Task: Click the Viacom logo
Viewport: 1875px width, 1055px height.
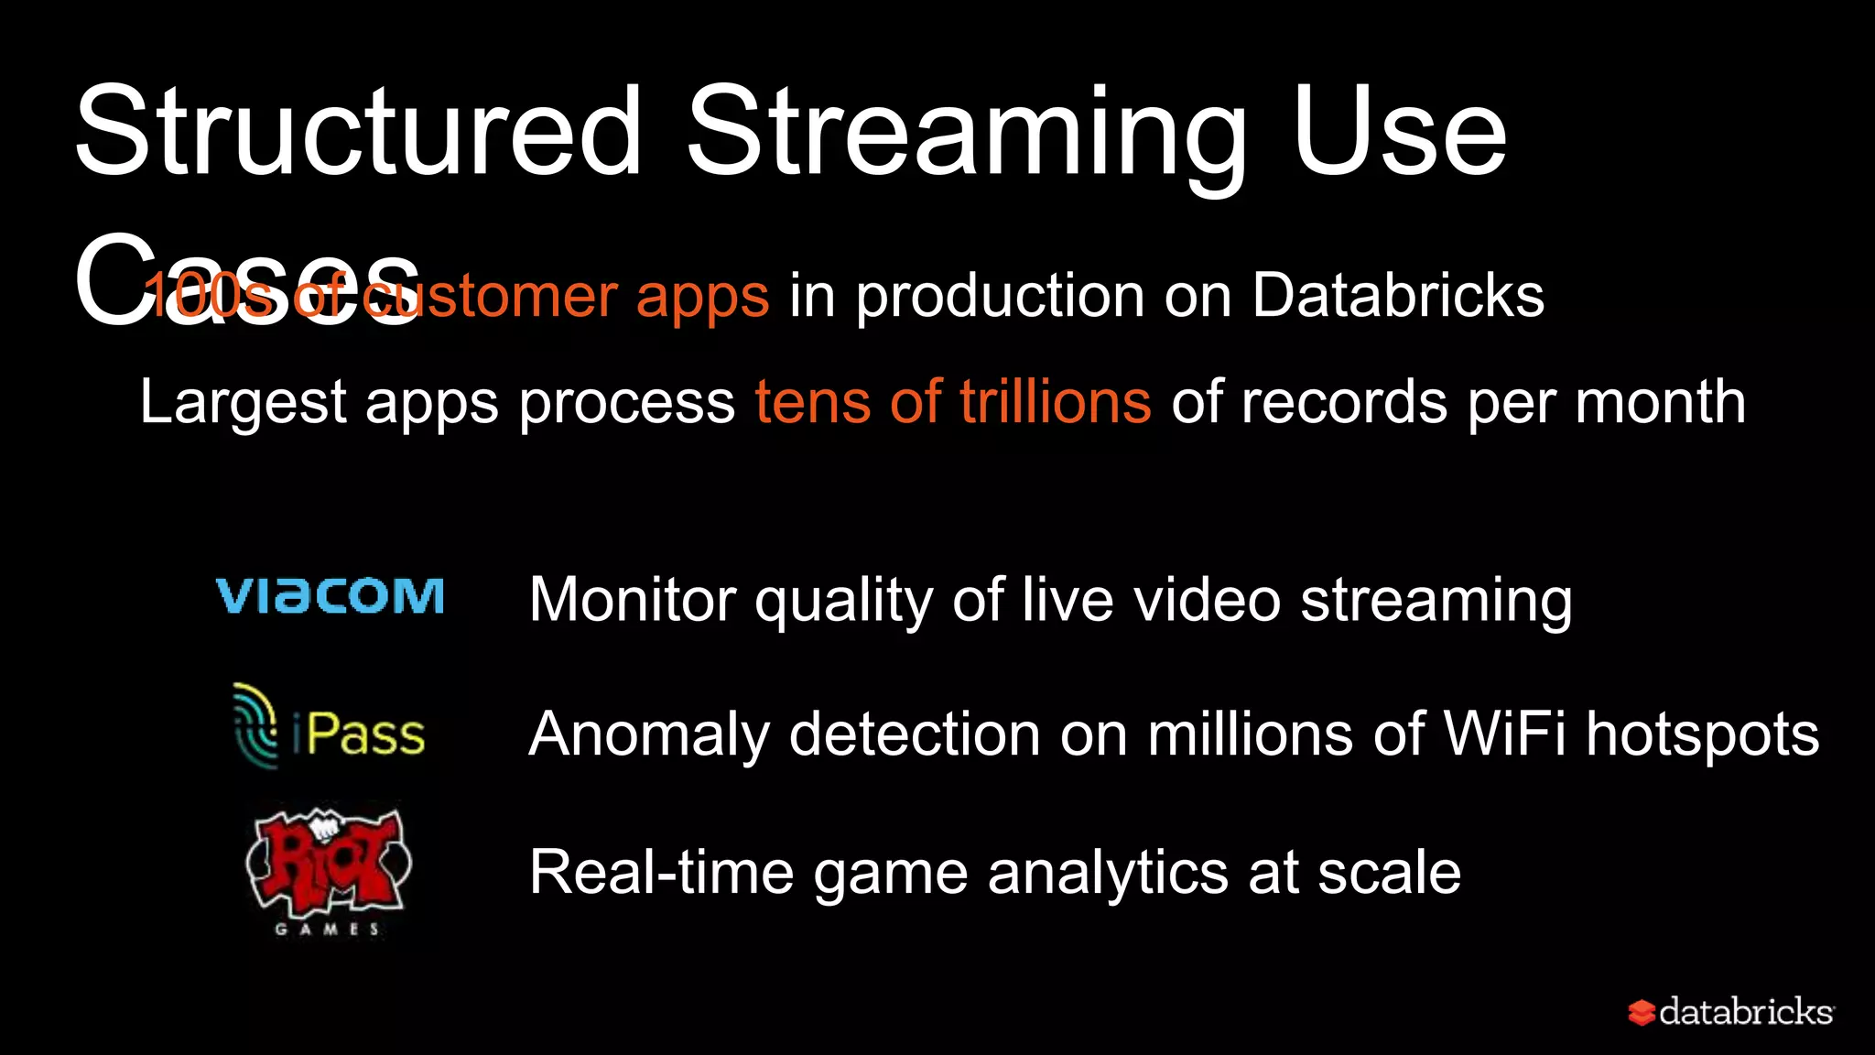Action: [x=330, y=597]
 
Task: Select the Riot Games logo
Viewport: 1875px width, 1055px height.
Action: [x=328, y=870]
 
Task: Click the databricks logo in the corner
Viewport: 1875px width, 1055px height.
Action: [x=1730, y=1012]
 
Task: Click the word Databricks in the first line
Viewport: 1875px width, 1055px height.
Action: [x=1398, y=296]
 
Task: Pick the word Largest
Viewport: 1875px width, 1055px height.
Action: [x=244, y=403]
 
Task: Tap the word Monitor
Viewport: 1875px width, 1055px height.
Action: [x=633, y=600]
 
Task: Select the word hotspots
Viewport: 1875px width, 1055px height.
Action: [x=1703, y=735]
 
